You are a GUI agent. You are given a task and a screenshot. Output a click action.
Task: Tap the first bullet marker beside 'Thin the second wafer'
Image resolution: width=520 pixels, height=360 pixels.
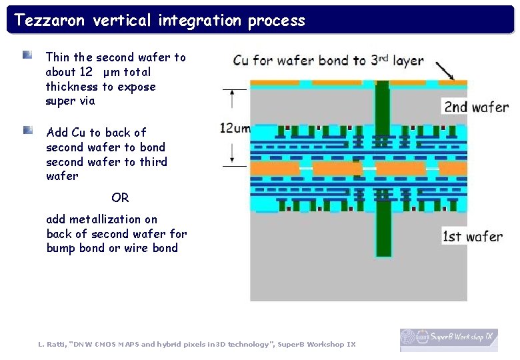pyautogui.click(x=27, y=55)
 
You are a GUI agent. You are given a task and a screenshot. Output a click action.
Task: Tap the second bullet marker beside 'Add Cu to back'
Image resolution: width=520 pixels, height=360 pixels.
pyautogui.click(x=27, y=129)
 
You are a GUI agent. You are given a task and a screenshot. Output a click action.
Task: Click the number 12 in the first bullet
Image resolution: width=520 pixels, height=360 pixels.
pyautogui.click(x=85, y=72)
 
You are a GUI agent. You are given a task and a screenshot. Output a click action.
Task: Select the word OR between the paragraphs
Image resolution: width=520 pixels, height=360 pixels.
pyautogui.click(x=120, y=198)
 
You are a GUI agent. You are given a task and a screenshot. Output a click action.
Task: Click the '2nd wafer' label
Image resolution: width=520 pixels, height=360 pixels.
pyautogui.click(x=476, y=107)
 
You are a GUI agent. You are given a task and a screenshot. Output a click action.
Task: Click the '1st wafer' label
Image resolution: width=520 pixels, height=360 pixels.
pyautogui.click(x=473, y=237)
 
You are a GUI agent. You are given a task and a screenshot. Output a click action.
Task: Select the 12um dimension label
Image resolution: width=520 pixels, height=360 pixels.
pyautogui.click(x=234, y=128)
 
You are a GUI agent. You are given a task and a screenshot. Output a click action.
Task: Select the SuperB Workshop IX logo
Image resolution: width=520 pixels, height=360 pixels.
pyautogui.click(x=448, y=339)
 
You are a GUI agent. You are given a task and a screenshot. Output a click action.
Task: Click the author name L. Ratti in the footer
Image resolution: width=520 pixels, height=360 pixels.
pyautogui.click(x=51, y=344)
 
